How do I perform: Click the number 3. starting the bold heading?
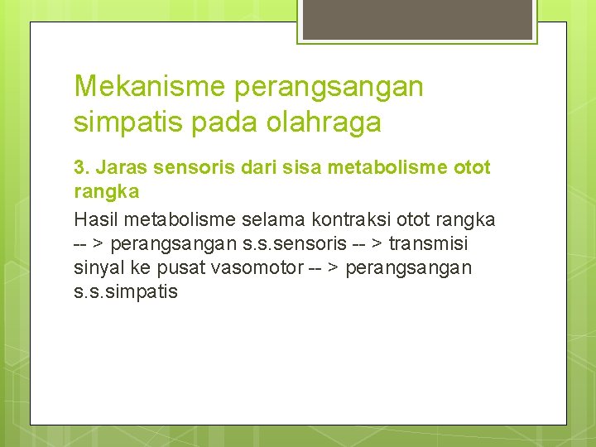click(x=81, y=168)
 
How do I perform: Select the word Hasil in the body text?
click(x=94, y=219)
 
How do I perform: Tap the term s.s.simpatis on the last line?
click(x=125, y=291)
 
